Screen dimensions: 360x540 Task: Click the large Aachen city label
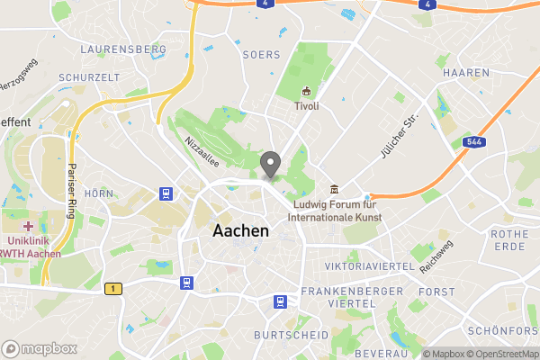coord(240,230)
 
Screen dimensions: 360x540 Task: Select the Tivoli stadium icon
coord(307,92)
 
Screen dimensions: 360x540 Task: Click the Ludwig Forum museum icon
coord(335,189)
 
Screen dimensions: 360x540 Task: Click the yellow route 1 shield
coord(112,288)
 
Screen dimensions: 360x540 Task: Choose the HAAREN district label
coord(467,72)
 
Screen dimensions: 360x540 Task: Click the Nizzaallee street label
coord(202,144)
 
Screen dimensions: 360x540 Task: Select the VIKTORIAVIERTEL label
coord(369,266)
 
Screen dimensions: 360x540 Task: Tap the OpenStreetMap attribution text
coord(500,354)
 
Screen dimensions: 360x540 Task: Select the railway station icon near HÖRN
coord(166,193)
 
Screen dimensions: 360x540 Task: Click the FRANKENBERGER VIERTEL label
coord(337,298)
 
